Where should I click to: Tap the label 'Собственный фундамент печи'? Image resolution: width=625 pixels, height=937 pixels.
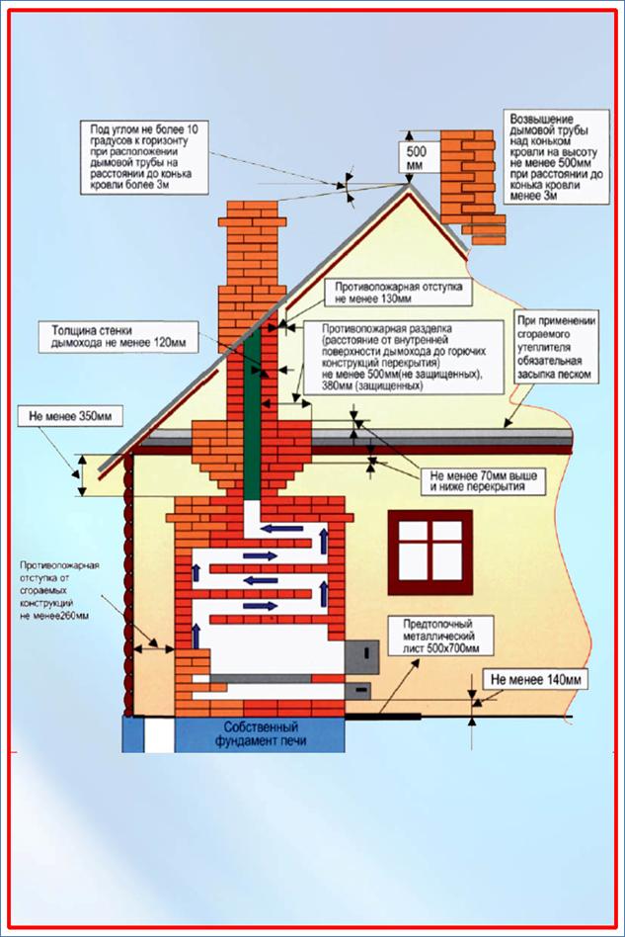coord(261,733)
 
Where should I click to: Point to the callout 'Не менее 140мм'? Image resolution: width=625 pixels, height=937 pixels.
coord(535,679)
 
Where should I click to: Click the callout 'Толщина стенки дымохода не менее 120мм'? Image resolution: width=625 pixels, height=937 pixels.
coord(118,336)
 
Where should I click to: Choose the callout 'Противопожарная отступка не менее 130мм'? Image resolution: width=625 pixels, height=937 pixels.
coord(398,293)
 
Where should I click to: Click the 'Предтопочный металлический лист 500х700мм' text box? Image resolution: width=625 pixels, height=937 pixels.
coord(441,637)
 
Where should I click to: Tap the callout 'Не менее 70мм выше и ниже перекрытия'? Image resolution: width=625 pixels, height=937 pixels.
coord(484,480)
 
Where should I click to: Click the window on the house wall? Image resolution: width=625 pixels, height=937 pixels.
coord(430,553)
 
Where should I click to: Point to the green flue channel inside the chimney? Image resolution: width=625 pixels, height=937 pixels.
coord(253,415)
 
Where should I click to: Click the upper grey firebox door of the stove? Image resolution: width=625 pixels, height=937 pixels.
coord(362,655)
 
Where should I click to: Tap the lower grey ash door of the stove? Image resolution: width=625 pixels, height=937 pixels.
coord(358,691)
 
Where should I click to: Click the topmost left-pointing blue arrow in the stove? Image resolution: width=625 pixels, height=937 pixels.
coord(284,528)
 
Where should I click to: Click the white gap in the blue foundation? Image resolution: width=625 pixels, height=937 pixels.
coord(159,734)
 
